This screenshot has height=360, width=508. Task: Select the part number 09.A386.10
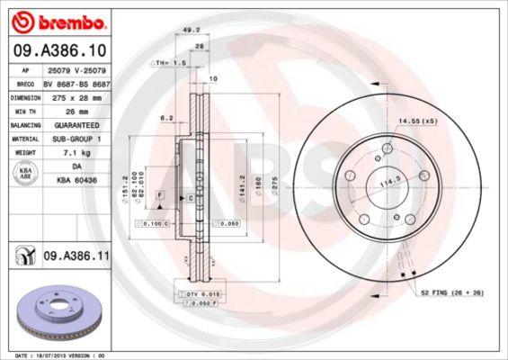(x=59, y=50)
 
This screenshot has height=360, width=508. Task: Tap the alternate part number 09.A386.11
(x=76, y=256)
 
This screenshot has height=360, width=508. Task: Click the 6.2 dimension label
(x=165, y=117)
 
